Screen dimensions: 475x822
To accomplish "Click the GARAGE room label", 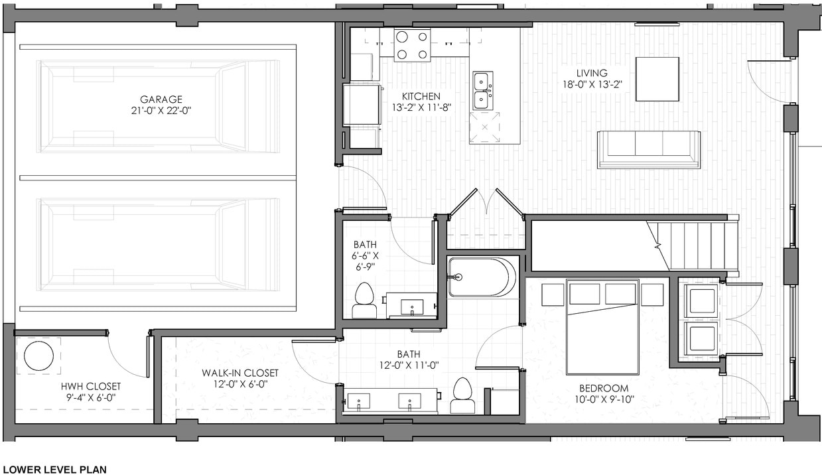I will tap(161, 100).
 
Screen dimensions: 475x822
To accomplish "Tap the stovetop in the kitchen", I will tap(412, 45).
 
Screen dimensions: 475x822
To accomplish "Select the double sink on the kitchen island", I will tap(482, 90).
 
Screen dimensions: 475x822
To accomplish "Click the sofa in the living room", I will tap(649, 149).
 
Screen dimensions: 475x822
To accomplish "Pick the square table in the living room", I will tap(657, 79).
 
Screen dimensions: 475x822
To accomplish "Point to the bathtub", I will tap(481, 277).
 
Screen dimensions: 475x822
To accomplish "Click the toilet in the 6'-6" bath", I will tap(364, 301).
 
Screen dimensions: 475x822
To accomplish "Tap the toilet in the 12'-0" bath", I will tap(462, 397).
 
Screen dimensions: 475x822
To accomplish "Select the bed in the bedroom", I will tap(602, 326).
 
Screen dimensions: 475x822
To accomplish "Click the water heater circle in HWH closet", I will tap(38, 356).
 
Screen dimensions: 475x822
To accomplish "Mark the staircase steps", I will tap(703, 245).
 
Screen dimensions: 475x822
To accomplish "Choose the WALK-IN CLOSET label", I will tap(240, 373).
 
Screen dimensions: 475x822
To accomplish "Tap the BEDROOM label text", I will tap(604, 388).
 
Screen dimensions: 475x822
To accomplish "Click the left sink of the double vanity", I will tap(359, 400).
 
